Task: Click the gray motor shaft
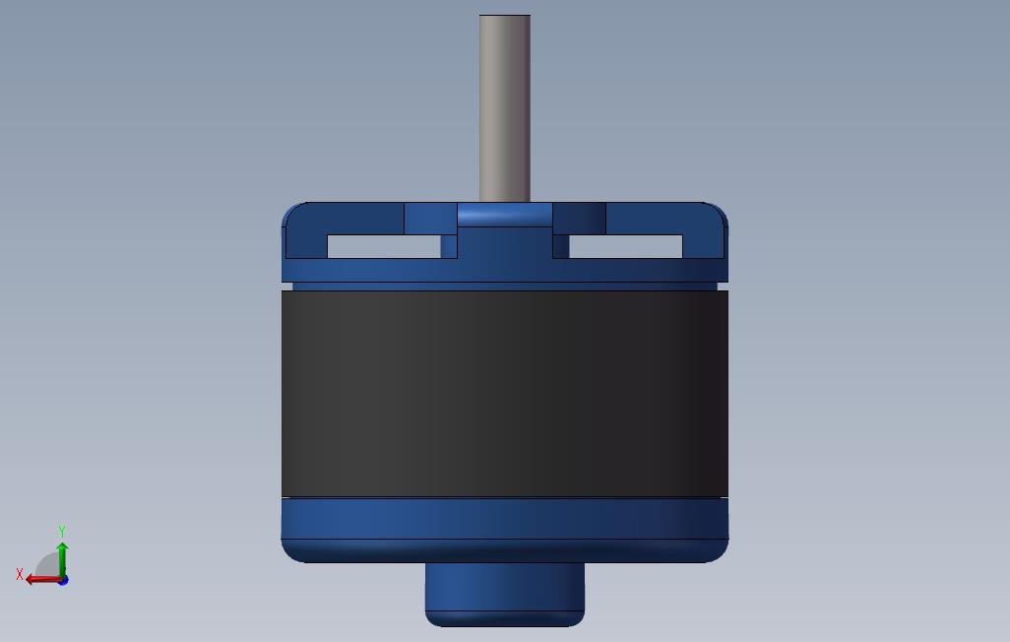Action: (505, 108)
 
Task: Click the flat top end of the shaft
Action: (505, 16)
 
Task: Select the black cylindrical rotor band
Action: (505, 394)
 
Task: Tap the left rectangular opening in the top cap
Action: (383, 246)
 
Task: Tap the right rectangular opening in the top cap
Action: (626, 246)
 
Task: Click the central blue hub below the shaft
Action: (505, 241)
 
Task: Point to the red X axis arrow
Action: (41, 579)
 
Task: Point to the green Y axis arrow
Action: (62, 557)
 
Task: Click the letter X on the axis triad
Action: (20, 574)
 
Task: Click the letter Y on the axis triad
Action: (62, 531)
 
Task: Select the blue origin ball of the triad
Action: (63, 580)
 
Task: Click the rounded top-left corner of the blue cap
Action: (290, 211)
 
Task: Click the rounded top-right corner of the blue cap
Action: (720, 211)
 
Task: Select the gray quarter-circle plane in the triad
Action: (47, 567)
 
